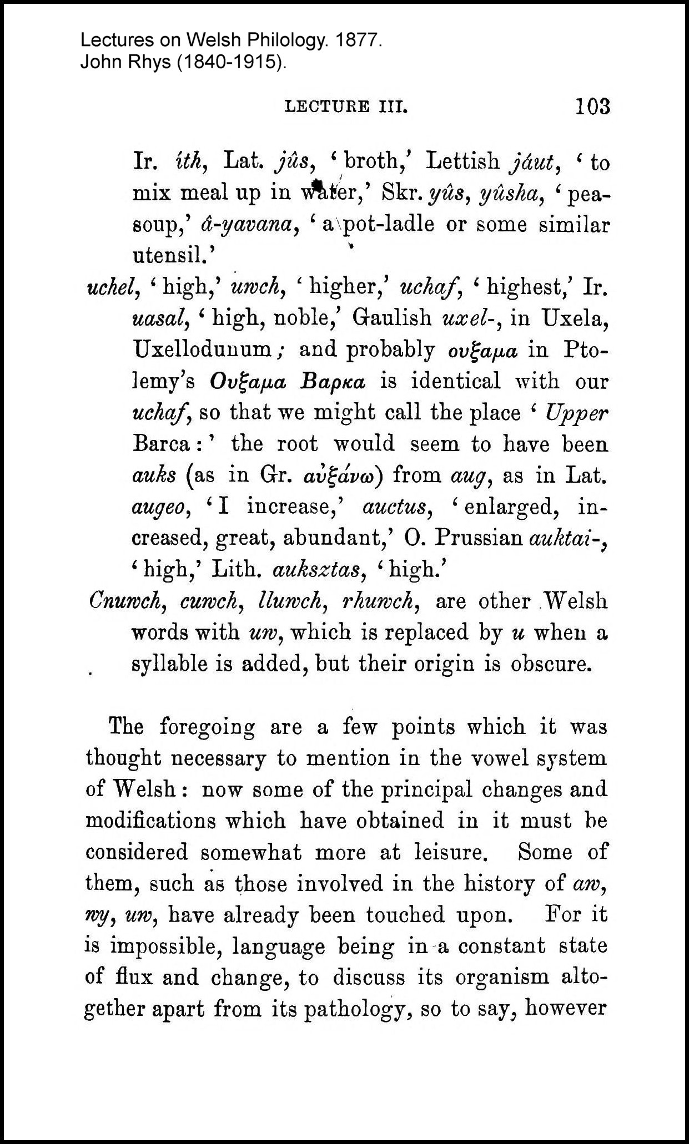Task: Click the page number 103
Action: click(x=593, y=105)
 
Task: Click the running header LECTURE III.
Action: click(x=346, y=107)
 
